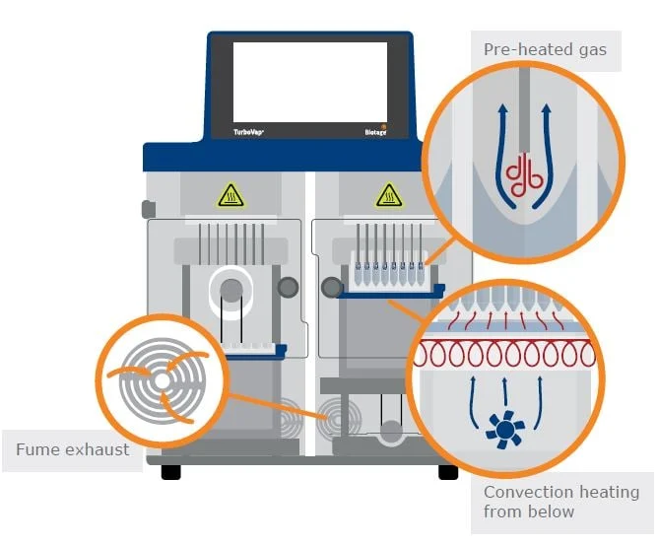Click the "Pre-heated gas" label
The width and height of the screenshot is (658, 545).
click(545, 50)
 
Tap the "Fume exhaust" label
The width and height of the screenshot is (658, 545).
click(72, 449)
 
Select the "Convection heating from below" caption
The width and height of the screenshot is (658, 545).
click(561, 502)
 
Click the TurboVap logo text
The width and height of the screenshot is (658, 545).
click(248, 132)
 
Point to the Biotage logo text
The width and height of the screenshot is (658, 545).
click(375, 132)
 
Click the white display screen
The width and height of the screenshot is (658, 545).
click(310, 82)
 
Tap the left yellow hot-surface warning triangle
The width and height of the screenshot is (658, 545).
click(230, 195)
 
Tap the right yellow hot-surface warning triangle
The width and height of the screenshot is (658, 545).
click(389, 195)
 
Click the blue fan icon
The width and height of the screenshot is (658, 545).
click(505, 429)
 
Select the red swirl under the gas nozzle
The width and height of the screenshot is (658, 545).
click(524, 175)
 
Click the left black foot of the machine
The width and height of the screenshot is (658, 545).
click(171, 472)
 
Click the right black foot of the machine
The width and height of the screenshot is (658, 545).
click(448, 472)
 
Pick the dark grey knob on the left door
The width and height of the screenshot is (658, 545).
click(288, 287)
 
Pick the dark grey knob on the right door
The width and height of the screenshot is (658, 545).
click(332, 287)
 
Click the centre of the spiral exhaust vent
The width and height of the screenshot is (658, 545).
click(162, 381)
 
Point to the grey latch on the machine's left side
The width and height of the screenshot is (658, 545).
click(148, 210)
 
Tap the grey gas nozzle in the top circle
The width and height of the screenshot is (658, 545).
click(524, 110)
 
